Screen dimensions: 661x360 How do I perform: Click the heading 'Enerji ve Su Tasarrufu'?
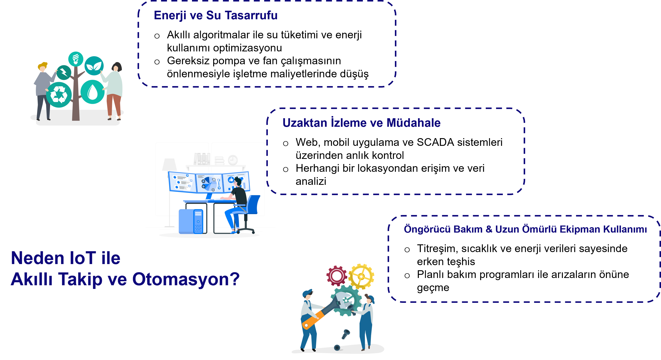pos(216,15)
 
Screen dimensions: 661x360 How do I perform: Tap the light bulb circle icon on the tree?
pos(76,59)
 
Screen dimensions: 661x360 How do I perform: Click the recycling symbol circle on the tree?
pos(59,95)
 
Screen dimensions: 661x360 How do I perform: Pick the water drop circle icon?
pos(93,92)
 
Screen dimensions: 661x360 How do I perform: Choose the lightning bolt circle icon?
pos(64,72)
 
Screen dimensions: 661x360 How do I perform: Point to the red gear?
pos(336,276)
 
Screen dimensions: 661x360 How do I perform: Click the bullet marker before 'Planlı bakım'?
pos(407,276)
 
